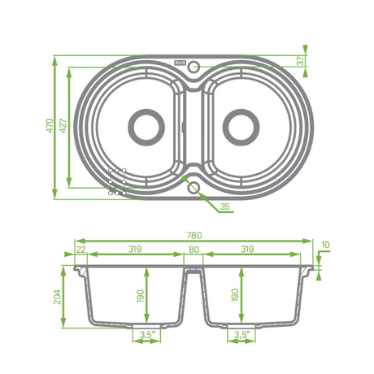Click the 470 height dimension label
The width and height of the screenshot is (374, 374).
[50, 125]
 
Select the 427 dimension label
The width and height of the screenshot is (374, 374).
[63, 125]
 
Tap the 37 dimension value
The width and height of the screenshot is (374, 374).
[301, 61]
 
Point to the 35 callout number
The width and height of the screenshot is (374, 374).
[224, 207]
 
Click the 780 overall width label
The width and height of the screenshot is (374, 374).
[194, 235]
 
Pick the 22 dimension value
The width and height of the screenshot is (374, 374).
[81, 250]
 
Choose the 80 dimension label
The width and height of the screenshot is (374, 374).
[194, 250]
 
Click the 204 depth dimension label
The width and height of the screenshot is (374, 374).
[58, 297]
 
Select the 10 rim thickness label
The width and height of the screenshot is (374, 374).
[325, 245]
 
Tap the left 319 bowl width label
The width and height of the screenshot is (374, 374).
[135, 249]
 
